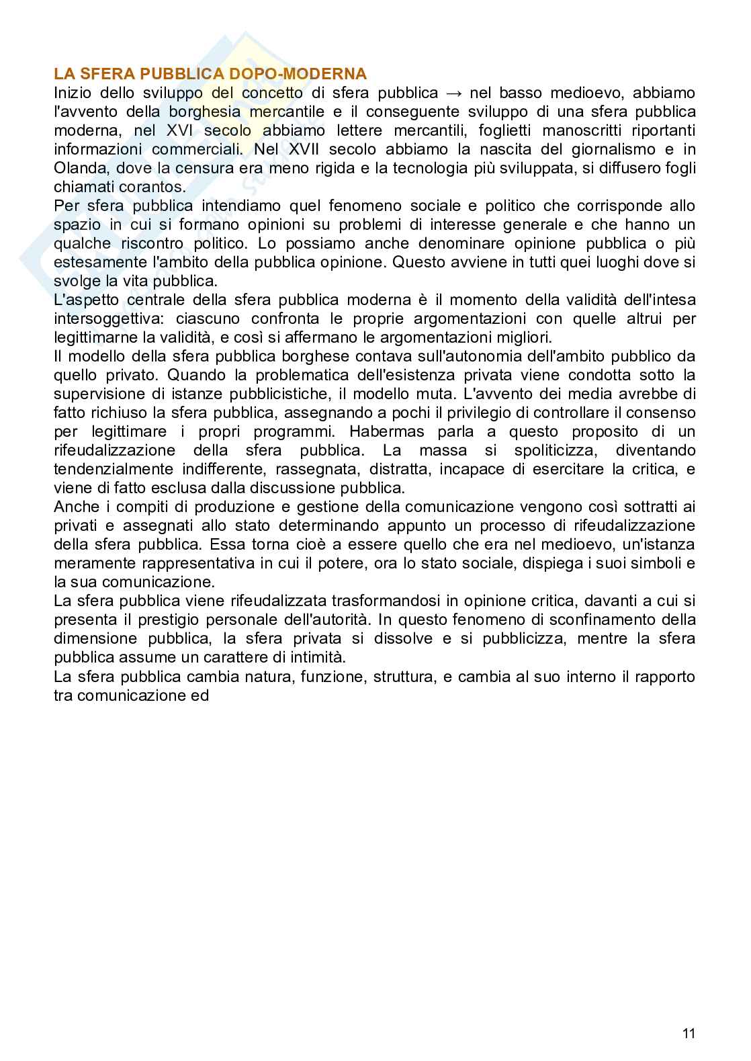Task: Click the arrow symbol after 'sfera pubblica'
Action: (453, 92)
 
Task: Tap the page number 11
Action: (689, 1033)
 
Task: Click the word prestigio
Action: (181, 619)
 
